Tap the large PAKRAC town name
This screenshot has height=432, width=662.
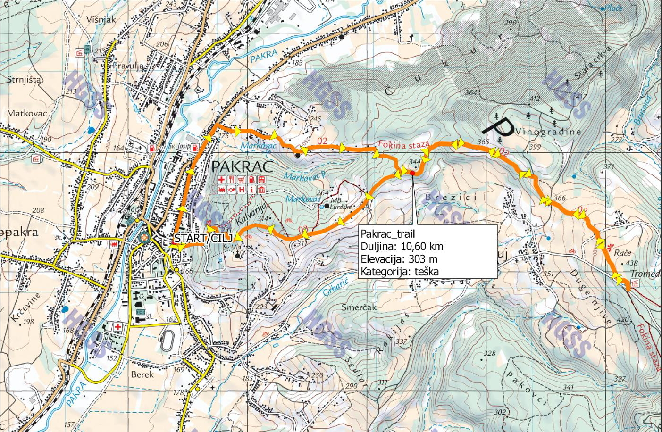click(242, 166)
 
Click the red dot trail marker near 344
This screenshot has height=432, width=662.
click(412, 173)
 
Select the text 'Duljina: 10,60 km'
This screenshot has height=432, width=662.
click(402, 246)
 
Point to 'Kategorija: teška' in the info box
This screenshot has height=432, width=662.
click(399, 271)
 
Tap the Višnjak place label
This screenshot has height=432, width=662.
click(101, 19)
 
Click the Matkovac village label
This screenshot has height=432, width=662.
click(27, 113)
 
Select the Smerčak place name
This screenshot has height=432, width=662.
click(359, 307)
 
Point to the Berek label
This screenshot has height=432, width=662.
click(142, 374)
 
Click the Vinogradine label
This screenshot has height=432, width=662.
click(548, 132)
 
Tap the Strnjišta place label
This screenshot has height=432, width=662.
click(24, 80)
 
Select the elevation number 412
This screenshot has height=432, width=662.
click(534, 99)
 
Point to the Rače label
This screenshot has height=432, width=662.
click(622, 253)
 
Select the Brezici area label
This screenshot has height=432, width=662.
click(452, 197)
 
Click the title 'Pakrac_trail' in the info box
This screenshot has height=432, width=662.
click(387, 234)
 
